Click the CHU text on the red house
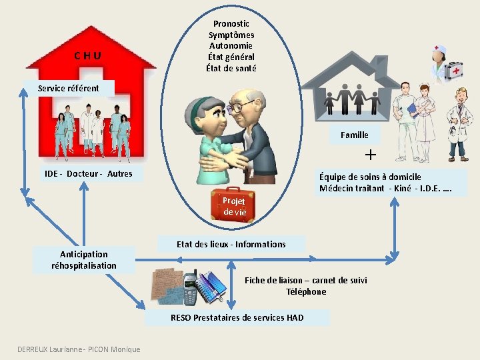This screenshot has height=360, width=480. click(x=87, y=56)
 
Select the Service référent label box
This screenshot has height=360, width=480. click(x=69, y=88)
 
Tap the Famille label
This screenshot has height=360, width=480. click(x=354, y=135)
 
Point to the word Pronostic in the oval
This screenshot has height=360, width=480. click(x=231, y=23)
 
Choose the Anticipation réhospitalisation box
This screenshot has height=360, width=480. click(x=84, y=260)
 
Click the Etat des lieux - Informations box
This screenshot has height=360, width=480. click(x=231, y=244)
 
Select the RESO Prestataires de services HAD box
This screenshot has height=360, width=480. click(x=237, y=317)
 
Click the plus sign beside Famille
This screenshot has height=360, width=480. click(x=371, y=155)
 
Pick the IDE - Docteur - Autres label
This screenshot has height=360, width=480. click(x=88, y=174)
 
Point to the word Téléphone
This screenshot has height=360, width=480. click(x=306, y=292)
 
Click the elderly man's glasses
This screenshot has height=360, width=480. click(x=244, y=105)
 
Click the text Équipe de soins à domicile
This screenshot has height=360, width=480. click(x=370, y=177)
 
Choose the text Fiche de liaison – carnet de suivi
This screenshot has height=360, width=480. click(x=306, y=280)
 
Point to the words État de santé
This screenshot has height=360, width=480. click(x=231, y=68)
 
